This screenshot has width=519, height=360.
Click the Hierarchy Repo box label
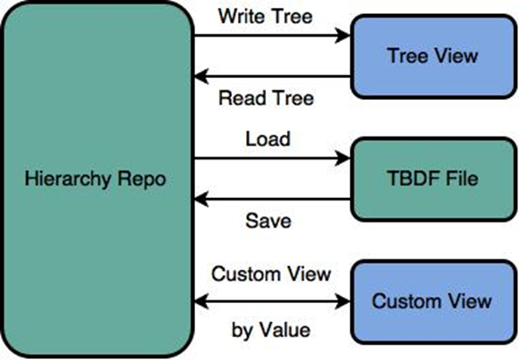(95, 180)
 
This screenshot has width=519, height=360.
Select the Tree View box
(433, 56)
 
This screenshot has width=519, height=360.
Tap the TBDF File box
(433, 180)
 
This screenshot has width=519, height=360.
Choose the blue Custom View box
(433, 301)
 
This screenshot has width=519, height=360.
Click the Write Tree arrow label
(265, 16)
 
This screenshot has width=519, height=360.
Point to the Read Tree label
(266, 98)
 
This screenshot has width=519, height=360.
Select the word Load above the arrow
(268, 138)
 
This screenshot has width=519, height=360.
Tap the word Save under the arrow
(269, 221)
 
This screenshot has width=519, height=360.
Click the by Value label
(271, 329)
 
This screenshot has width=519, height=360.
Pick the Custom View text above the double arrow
(271, 274)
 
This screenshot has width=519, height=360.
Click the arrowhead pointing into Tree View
(343, 35)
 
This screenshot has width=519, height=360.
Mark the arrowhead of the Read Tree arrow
(201, 76)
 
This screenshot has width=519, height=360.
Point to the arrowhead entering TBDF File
(343, 158)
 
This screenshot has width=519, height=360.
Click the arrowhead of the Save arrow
(201, 199)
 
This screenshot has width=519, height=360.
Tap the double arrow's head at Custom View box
(343, 301)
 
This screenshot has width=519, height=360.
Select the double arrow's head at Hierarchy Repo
(201, 301)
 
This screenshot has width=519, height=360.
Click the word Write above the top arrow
(241, 16)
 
